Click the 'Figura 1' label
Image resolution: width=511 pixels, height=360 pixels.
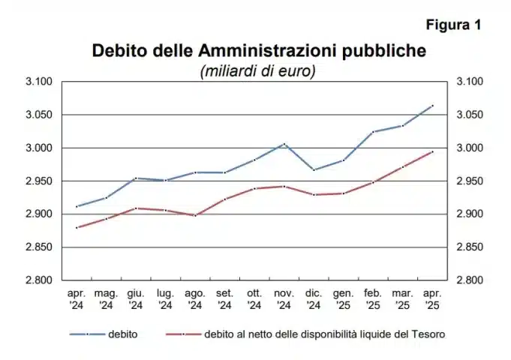click(453, 25)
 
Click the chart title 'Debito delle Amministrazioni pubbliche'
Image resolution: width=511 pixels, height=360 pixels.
click(258, 51)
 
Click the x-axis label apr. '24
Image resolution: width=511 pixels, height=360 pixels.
click(77, 300)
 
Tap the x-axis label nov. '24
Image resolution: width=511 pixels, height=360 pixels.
click(284, 300)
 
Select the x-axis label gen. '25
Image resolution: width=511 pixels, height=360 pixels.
click(343, 300)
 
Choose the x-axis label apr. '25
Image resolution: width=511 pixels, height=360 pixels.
click(433, 300)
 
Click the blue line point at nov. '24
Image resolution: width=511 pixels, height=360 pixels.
click(284, 144)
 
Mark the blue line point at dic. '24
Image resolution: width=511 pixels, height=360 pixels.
click(314, 169)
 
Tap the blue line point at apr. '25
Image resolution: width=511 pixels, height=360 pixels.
click(433, 106)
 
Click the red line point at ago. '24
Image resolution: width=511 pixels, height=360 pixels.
click(195, 215)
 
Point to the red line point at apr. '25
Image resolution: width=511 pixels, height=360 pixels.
click(433, 151)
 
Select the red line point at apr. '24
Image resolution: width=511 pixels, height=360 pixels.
click(77, 227)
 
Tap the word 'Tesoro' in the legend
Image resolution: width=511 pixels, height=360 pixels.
click(432, 333)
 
